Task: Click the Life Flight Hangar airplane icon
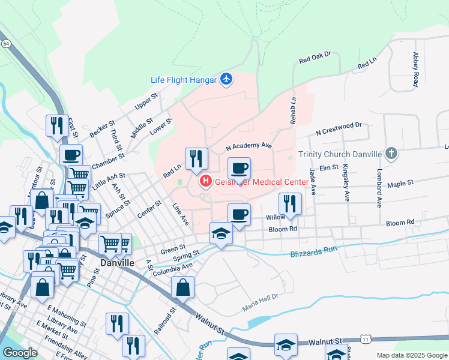tap(226, 79)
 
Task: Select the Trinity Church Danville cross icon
tap(391, 154)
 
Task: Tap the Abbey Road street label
tap(415, 70)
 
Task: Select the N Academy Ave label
tap(249, 145)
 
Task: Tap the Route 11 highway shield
tap(366, 340)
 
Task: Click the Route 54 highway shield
tap(5, 44)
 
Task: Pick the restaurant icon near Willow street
tap(290, 203)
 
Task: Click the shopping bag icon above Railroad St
tap(183, 287)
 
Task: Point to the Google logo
tap(20, 353)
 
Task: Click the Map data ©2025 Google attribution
tap(411, 355)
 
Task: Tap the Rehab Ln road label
tap(294, 111)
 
